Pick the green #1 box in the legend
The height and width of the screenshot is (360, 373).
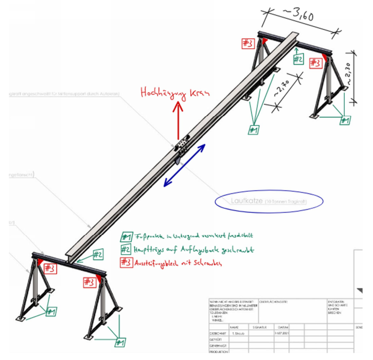click(127, 237)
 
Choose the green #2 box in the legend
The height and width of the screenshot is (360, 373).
click(127, 249)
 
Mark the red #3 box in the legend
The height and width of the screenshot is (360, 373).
click(127, 262)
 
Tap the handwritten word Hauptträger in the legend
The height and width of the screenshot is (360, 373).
click(152, 250)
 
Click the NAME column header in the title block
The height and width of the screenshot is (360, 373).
click(234, 326)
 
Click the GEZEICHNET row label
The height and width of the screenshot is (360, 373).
click(217, 332)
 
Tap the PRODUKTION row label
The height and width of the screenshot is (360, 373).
click(217, 351)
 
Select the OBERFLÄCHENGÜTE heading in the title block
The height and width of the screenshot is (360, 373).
click(273, 302)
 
